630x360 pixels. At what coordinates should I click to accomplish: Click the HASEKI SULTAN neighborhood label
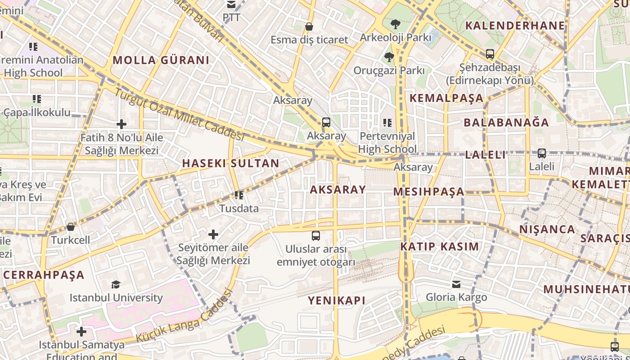pyautogui.click(x=230, y=163)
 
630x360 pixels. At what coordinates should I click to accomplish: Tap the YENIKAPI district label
pyautogui.click(x=337, y=300)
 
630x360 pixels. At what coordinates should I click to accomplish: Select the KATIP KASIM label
pyautogui.click(x=440, y=247)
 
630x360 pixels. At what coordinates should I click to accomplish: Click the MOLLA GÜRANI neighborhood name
pyautogui.click(x=161, y=60)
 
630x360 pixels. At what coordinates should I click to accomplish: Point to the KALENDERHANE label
pyautogui.click(x=515, y=26)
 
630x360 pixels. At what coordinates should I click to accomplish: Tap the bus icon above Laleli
pyautogui.click(x=542, y=153)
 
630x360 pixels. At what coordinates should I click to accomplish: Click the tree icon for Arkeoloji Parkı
pyautogui.click(x=396, y=24)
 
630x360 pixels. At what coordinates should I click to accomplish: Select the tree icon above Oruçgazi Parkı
pyautogui.click(x=389, y=57)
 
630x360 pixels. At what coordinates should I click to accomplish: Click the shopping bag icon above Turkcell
pyautogui.click(x=71, y=227)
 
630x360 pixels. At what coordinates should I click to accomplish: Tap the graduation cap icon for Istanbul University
pyautogui.click(x=116, y=284)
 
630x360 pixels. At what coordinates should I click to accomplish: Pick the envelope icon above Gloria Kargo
pyautogui.click(x=456, y=284)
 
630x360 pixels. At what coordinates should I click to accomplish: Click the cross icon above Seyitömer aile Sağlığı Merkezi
pyautogui.click(x=213, y=234)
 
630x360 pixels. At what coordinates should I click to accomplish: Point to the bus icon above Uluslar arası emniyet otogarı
pyautogui.click(x=316, y=235)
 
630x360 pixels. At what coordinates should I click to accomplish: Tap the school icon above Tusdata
pyautogui.click(x=238, y=195)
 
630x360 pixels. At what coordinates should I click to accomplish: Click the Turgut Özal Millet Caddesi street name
pyautogui.click(x=179, y=114)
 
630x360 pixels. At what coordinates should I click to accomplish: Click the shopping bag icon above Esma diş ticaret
pyautogui.click(x=309, y=27)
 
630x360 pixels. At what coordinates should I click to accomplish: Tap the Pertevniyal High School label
pyautogui.click(x=387, y=142)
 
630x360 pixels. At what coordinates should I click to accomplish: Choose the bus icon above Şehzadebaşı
pyautogui.click(x=490, y=54)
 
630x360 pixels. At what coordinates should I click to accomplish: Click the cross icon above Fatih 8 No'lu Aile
pyautogui.click(x=121, y=124)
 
